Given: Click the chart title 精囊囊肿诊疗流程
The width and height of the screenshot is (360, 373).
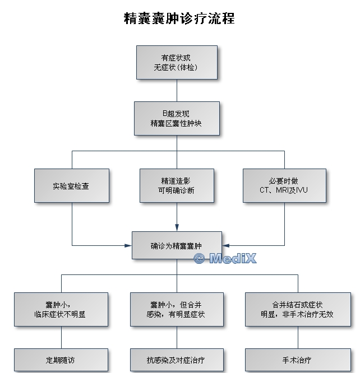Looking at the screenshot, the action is click(179, 18).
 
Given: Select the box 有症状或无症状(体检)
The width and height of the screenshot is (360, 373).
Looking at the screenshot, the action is click(177, 62).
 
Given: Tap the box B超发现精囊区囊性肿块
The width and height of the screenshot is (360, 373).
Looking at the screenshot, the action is click(177, 119).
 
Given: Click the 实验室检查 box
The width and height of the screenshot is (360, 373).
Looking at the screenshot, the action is click(72, 185).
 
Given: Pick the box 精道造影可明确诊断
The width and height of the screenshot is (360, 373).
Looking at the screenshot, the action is click(177, 185).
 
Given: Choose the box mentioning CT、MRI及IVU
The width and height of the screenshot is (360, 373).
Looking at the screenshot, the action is click(284, 185).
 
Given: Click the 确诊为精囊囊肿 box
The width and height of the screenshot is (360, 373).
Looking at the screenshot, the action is click(177, 245).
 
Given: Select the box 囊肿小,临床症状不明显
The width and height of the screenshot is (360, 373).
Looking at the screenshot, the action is click(61, 309).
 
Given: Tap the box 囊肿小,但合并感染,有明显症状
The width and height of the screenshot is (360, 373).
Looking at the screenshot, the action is click(177, 309).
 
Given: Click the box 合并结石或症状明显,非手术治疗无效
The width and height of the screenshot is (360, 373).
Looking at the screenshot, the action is click(298, 309).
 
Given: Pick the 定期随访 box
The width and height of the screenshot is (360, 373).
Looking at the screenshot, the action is click(61, 360).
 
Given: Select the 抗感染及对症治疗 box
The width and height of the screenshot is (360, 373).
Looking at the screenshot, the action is click(177, 360).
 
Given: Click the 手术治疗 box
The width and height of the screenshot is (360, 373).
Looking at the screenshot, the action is click(298, 360).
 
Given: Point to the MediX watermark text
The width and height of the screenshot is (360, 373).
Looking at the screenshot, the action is click(233, 258).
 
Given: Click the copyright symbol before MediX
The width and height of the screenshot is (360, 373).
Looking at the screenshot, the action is click(199, 258).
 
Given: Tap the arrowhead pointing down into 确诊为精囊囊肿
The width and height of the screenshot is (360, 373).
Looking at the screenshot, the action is click(177, 227).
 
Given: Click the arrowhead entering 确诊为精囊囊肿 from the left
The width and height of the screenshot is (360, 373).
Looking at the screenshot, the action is click(128, 245).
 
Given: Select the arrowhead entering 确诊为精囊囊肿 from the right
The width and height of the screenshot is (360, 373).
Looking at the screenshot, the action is click(225, 245).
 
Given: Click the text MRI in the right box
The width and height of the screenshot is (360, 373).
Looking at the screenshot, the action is click(282, 190).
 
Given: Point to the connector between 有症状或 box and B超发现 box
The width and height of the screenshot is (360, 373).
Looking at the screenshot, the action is click(177, 90).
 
